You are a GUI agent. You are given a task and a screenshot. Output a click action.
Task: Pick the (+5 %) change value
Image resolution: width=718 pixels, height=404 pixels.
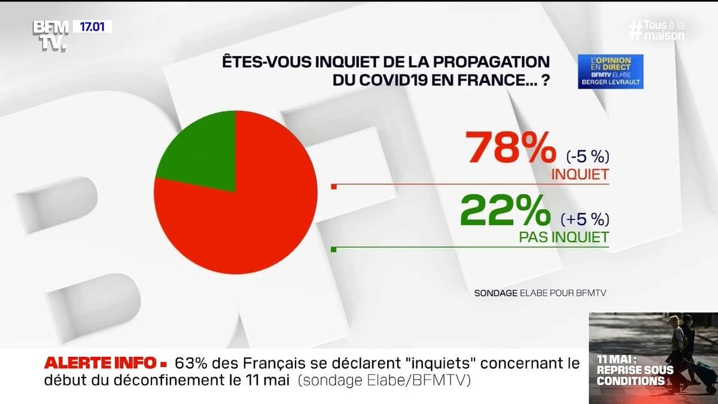(x=585, y=219)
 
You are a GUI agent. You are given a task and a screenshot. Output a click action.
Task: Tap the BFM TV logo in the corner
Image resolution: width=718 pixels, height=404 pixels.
(x=50, y=35)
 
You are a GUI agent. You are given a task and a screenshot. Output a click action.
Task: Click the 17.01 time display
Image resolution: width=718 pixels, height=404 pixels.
(x=92, y=26)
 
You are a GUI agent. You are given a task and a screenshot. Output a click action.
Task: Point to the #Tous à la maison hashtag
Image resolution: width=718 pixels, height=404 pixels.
(x=656, y=31)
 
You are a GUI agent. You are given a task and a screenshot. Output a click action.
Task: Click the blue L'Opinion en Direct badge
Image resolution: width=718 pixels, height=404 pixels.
(x=610, y=71)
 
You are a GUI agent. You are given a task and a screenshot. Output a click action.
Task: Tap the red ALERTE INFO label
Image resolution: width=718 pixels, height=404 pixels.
(x=99, y=363)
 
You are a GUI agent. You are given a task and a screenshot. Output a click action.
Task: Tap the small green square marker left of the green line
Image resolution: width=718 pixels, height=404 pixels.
(x=334, y=249)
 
